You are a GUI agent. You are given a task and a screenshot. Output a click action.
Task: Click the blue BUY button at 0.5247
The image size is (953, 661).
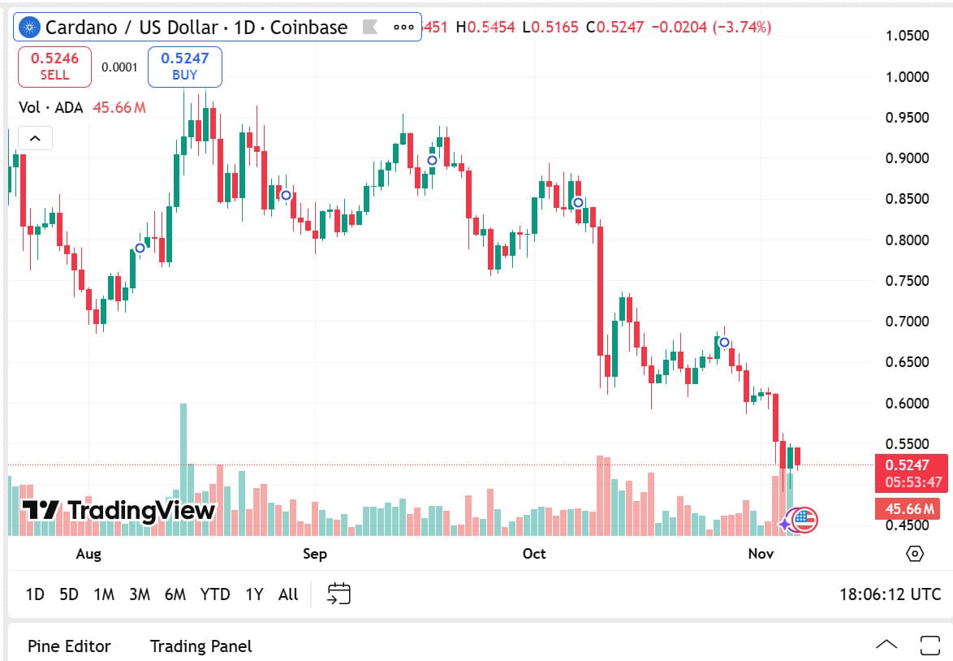point(184,67)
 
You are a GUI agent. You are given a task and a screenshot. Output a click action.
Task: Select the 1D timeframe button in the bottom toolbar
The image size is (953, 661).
point(35,594)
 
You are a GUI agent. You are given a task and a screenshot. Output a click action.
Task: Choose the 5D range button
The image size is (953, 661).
point(69,594)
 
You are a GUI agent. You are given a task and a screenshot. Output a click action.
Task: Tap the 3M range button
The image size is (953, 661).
point(139,594)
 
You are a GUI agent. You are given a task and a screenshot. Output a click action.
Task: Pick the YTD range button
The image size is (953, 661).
point(215,594)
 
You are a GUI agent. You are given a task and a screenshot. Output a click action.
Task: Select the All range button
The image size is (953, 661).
point(288,594)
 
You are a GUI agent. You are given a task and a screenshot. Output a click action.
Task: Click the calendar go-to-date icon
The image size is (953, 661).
point(339,594)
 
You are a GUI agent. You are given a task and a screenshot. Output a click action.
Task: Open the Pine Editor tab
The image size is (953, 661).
point(69,646)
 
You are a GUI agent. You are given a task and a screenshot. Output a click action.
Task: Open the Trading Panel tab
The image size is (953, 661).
point(201,646)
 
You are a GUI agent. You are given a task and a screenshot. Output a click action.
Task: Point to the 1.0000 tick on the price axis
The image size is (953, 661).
point(907,77)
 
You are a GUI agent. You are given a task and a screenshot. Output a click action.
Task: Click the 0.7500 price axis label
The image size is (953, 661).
point(907,281)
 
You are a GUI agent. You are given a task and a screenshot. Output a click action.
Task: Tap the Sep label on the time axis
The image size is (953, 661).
point(314,554)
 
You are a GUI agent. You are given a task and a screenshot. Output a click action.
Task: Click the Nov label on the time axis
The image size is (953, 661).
point(761,554)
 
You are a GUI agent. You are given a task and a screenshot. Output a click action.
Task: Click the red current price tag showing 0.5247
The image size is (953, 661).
point(910,465)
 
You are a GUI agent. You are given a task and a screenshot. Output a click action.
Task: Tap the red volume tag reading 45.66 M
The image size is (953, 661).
point(908,509)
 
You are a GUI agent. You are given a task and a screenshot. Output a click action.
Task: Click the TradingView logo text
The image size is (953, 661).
point(119,510)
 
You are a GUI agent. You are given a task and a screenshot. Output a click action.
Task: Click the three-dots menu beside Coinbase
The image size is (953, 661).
point(403,27)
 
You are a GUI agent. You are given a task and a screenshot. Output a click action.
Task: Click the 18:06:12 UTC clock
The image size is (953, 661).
point(890,594)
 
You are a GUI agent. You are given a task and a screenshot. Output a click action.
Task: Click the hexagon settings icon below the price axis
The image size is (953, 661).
point(915,554)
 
